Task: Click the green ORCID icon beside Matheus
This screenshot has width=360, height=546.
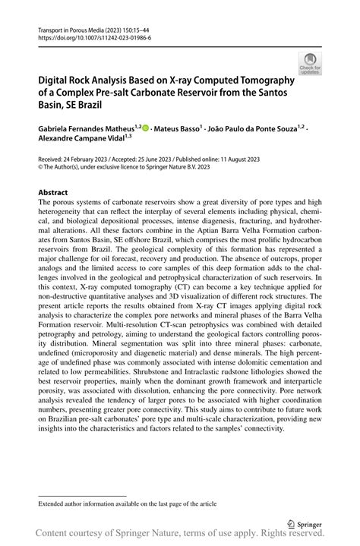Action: tap(145, 129)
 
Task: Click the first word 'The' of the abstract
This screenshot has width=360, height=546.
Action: tap(45, 203)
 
